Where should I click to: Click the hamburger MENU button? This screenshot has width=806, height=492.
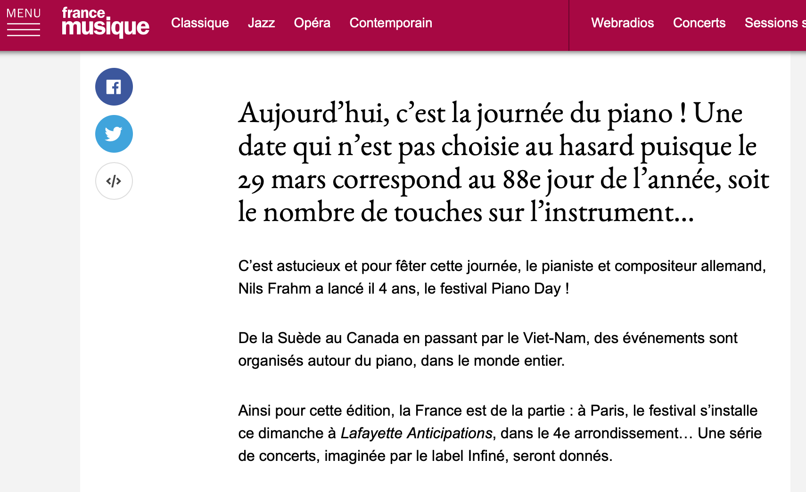[x=23, y=22]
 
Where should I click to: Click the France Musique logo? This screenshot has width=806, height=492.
[x=105, y=22]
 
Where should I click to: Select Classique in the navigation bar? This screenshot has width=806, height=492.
[x=200, y=23]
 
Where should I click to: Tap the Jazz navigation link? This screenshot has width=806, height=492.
[x=261, y=23]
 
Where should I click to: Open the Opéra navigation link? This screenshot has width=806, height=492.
[x=312, y=23]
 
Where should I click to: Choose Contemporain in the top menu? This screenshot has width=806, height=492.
[x=391, y=23]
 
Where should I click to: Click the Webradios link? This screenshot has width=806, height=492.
[x=622, y=23]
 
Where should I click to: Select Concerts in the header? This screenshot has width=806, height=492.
[x=699, y=23]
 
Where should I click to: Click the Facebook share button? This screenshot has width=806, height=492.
[x=114, y=87]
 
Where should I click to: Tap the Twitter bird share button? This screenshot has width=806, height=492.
[x=114, y=134]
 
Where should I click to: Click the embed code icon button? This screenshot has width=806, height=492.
[x=114, y=181]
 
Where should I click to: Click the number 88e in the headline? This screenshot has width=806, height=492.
[x=522, y=180]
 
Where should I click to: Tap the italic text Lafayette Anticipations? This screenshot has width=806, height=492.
[x=416, y=433]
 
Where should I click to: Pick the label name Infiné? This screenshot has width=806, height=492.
[x=486, y=456]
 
